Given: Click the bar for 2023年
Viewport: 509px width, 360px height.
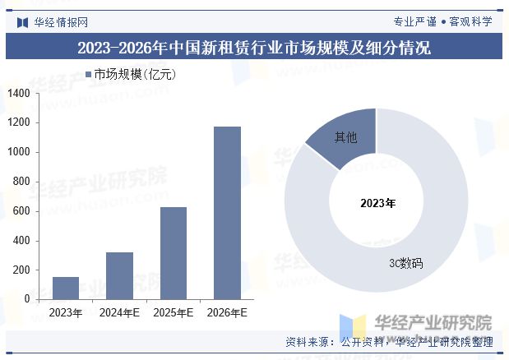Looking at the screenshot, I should point(66,288).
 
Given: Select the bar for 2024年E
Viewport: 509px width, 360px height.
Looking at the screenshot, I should point(119,275).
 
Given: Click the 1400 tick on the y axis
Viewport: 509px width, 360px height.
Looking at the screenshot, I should point(19,94).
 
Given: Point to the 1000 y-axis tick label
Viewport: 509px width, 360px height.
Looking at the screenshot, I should point(19,152).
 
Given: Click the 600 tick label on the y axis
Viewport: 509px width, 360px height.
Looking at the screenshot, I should point(21,211).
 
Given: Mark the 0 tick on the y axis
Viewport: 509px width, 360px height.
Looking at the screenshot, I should point(27,299).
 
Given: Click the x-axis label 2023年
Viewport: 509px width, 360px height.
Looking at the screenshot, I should point(66,313).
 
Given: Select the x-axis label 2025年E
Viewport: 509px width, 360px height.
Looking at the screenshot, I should point(173,313).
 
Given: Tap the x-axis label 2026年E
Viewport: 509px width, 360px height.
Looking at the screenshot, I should point(227,313).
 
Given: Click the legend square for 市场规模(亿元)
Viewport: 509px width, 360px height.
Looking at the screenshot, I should point(88,75).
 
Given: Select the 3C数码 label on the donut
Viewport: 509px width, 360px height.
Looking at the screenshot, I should point(405,264).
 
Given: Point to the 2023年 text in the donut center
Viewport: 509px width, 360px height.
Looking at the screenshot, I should point(377,202).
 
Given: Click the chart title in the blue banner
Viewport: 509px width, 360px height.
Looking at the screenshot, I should point(254,47).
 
